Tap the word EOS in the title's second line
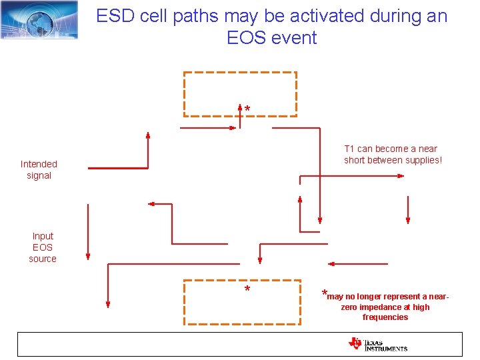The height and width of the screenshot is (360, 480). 245,38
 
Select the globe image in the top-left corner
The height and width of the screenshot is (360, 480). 39,19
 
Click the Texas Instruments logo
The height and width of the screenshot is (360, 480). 377,344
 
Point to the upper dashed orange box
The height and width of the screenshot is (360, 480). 240,93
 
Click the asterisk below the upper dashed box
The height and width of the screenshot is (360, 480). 247,109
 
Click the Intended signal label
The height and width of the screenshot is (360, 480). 39,169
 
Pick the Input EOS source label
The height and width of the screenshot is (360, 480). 43,247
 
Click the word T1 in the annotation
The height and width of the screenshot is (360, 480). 349,149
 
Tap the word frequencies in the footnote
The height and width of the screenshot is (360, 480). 385,317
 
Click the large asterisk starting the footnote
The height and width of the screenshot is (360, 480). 324,293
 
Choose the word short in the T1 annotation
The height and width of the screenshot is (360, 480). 355,160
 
